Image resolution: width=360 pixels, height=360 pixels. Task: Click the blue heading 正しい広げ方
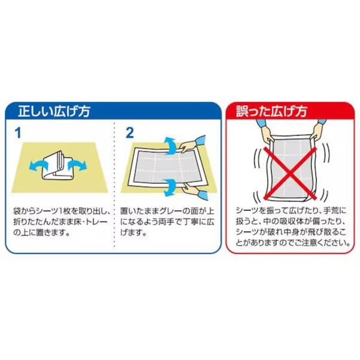[54, 111]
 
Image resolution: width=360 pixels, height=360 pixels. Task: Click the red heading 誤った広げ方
[272, 111]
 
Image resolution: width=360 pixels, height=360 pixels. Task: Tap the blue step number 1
[18, 133]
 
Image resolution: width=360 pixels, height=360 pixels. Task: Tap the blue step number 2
[130, 133]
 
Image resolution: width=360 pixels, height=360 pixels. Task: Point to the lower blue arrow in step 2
[170, 187]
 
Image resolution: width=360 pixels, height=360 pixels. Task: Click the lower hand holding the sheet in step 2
[192, 189]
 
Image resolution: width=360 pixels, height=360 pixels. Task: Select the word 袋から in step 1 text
[22, 211]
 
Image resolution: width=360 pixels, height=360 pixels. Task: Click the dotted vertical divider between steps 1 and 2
[114, 184]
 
